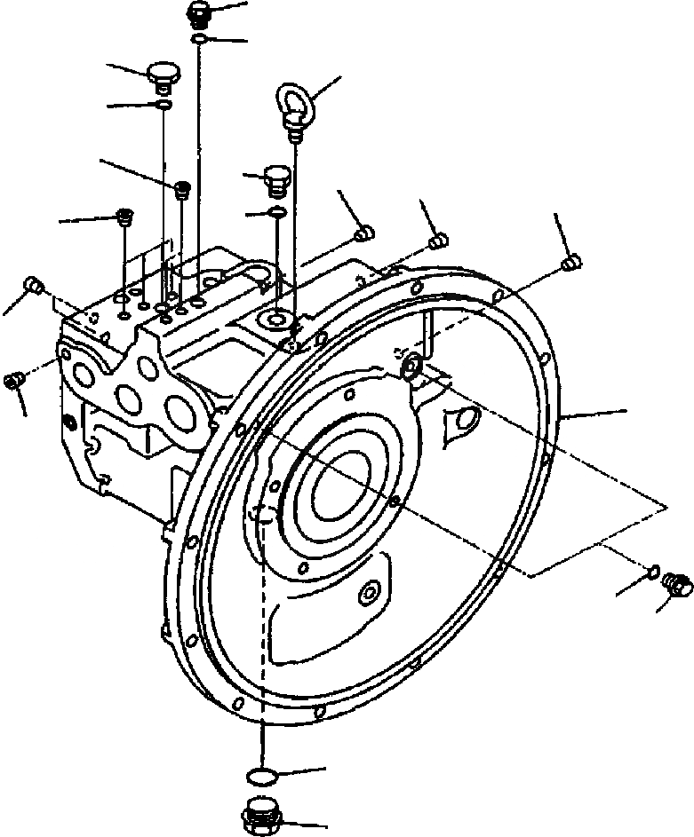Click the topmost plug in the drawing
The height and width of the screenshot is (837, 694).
click(200, 13)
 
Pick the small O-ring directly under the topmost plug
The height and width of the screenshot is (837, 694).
click(201, 38)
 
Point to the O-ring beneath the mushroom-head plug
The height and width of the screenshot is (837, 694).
click(164, 106)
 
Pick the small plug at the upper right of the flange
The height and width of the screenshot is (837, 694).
click(571, 261)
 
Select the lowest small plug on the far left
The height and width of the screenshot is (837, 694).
click(13, 380)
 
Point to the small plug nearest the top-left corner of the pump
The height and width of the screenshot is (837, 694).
click(34, 283)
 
